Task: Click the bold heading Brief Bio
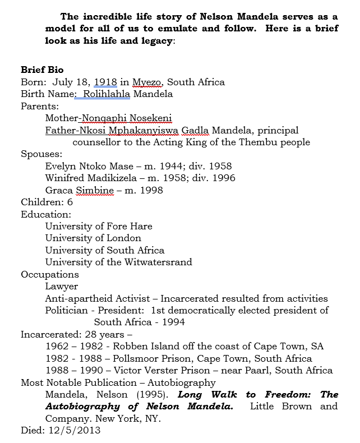(x=42, y=70)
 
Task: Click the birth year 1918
(x=105, y=82)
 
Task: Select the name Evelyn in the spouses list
(x=60, y=166)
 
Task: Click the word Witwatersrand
(x=156, y=262)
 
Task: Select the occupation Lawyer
(x=62, y=286)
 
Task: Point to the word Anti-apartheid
(x=78, y=298)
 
